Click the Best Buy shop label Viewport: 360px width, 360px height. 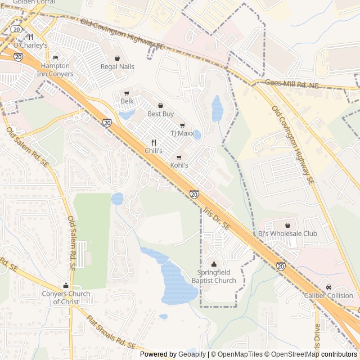160,114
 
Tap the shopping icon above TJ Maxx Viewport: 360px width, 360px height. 182,125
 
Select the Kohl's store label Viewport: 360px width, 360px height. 179,165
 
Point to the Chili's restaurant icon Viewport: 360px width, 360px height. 153,143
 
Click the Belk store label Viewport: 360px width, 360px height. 127,101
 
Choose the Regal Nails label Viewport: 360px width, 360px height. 117,66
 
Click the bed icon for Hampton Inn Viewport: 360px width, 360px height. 55,58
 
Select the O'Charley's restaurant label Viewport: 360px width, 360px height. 30,45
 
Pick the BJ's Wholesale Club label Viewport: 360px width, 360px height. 287,233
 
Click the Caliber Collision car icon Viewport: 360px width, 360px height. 328,287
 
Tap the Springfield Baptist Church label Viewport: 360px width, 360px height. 213,276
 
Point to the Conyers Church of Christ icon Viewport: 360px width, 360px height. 66,285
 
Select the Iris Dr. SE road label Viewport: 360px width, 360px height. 217,218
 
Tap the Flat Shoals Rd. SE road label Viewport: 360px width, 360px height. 111,334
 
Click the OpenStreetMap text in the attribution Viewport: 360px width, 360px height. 296,354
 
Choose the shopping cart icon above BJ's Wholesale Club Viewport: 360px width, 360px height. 287,225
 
